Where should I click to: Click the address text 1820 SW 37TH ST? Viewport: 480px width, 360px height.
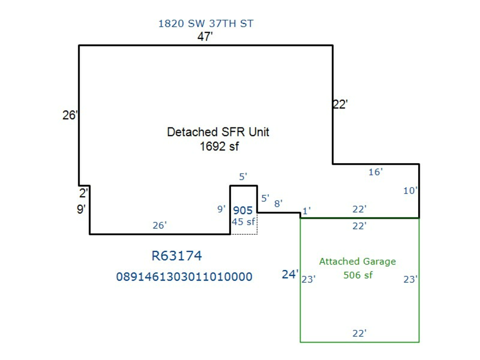pos(206,23)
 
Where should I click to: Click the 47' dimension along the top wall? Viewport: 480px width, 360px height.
pos(206,37)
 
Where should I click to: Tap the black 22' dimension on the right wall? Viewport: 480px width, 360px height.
pos(340,105)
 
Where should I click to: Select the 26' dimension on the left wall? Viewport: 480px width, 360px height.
pos(70,115)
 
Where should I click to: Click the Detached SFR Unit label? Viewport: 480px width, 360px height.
pos(218,132)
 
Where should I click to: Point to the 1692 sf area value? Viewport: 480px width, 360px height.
pos(219,147)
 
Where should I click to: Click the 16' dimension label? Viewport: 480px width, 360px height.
pos(375,172)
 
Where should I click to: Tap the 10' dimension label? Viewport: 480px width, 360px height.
pos(410,190)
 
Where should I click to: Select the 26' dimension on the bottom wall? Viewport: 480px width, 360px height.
pos(159,225)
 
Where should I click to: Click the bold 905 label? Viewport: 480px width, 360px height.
pos(243,211)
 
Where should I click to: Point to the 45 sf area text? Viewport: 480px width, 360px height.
pos(243,222)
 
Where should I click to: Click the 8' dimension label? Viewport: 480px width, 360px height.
pos(278,203)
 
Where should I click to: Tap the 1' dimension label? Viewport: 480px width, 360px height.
pos(306,211)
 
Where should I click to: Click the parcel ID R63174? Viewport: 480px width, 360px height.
pos(177,256)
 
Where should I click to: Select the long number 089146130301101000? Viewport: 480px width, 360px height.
pos(184,277)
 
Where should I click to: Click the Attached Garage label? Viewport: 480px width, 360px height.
pos(357,261)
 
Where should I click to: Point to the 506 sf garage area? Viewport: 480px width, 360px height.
pos(358,275)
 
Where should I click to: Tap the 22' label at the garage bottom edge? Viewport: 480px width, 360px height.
pos(359,333)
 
